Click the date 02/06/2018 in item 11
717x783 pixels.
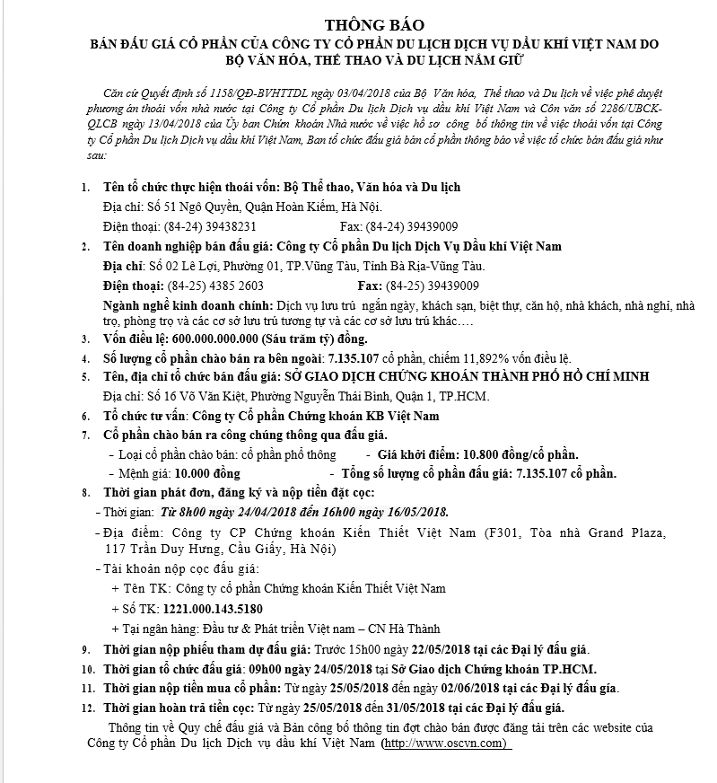pos(441,688)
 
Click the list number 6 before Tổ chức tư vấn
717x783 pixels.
pos(85,417)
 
